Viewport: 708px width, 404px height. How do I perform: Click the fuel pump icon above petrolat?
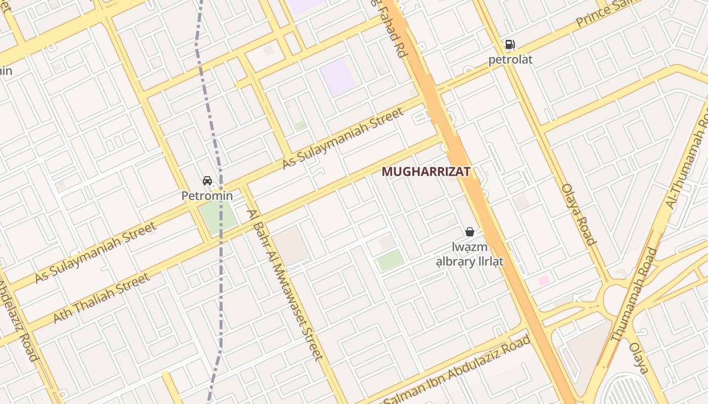(510, 44)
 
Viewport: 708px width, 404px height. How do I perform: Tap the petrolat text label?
(510, 60)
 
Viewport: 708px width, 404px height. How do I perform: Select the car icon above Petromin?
(207, 181)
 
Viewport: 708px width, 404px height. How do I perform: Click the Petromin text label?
(207, 195)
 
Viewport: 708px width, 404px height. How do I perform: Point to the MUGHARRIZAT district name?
(426, 172)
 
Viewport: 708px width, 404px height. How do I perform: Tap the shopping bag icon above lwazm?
(470, 232)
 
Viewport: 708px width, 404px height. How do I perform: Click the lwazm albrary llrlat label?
(470, 255)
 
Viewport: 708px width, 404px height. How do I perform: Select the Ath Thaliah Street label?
(102, 298)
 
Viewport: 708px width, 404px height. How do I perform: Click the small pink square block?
(544, 280)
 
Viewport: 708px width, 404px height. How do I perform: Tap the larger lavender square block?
(338, 77)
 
